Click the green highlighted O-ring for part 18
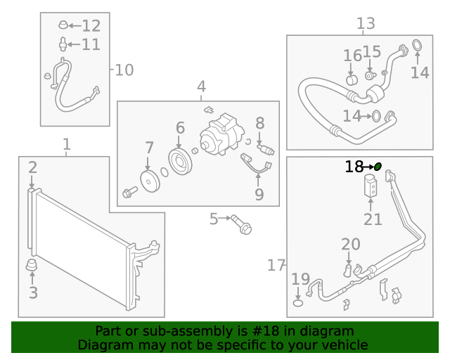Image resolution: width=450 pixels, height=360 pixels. point(378,166)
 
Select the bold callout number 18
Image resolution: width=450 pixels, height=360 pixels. point(354,167)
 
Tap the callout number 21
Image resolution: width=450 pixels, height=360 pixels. point(373,219)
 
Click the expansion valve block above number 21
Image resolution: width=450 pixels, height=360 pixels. point(371,186)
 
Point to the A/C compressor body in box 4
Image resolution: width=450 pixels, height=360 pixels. point(221,134)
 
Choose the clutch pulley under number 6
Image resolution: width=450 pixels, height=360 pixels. point(180,162)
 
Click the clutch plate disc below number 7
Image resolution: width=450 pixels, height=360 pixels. point(150,181)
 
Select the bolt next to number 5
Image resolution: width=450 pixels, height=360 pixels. point(242,224)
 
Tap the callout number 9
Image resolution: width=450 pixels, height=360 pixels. point(259,195)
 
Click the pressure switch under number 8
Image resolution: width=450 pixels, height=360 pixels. point(266,150)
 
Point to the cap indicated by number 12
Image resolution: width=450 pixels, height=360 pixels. point(63,25)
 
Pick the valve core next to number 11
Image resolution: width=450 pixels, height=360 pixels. point(63,44)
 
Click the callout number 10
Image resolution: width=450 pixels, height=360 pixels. point(124,70)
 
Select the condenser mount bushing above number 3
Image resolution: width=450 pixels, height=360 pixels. point(32,264)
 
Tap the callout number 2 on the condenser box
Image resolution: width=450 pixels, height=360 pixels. point(32,167)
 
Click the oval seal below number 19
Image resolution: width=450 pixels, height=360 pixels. point(298,303)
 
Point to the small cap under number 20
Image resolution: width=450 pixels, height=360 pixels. point(347,271)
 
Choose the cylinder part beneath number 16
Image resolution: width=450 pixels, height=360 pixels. point(352,80)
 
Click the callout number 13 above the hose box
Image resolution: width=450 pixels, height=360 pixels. point(366,23)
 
